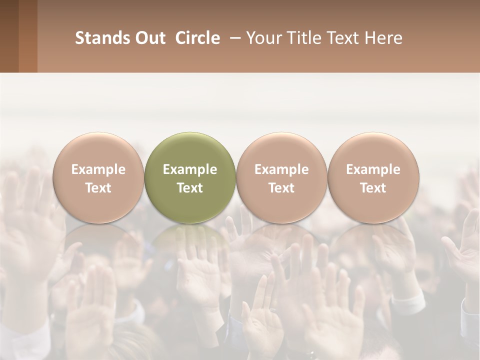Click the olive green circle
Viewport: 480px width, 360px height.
(190, 150)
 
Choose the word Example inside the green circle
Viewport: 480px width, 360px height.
(190, 169)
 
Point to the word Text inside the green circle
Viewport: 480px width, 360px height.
(190, 188)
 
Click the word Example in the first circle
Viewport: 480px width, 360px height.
(98, 169)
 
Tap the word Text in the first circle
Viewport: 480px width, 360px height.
(98, 188)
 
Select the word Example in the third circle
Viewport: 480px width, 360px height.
(281, 169)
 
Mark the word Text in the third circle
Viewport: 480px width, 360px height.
(281, 188)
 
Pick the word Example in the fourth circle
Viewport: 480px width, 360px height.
(373, 169)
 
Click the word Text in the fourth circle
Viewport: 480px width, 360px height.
(373, 188)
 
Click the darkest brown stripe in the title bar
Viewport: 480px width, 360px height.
(9, 36)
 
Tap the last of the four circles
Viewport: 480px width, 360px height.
(373, 150)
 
